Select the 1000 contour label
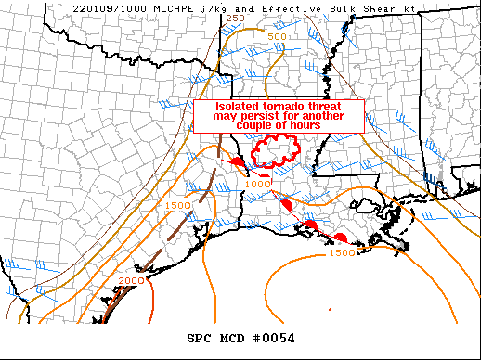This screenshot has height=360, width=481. [259, 183]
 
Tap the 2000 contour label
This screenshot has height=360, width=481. [132, 280]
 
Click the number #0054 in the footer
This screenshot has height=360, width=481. [272, 338]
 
